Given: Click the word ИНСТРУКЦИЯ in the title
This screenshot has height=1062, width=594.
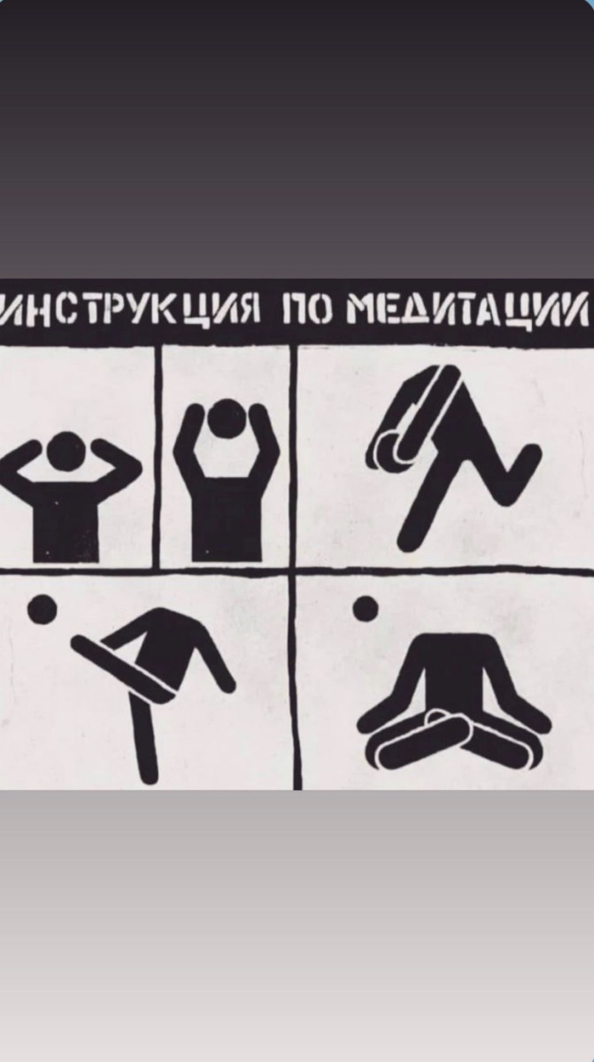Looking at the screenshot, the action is click(x=130, y=309).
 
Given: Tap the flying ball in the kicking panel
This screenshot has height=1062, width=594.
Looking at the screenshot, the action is click(x=42, y=609).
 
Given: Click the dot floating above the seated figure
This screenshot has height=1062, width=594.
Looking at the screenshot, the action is click(x=366, y=607).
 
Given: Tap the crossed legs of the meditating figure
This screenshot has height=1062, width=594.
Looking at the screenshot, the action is click(x=455, y=742).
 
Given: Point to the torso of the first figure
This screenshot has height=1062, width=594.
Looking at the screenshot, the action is click(x=66, y=517).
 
